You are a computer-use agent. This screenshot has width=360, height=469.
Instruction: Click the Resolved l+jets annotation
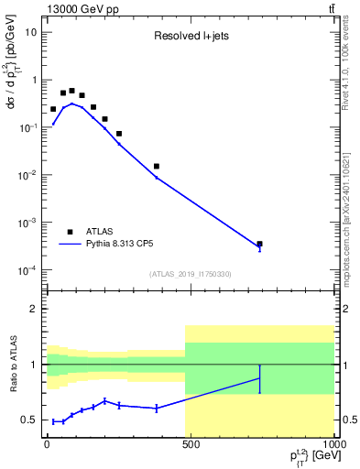[x=193, y=38]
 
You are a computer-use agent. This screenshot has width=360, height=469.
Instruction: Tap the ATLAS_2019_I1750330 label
[x=191, y=274]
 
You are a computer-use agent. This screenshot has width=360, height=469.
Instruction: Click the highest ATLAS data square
[x=72, y=91]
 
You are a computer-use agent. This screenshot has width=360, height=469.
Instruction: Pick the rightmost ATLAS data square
[x=260, y=244]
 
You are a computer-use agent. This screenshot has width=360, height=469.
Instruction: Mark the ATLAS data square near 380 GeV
[x=157, y=166]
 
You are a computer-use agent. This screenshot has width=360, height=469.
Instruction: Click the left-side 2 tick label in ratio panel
[x=35, y=309]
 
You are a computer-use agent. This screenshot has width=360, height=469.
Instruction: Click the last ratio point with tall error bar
[x=260, y=377]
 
